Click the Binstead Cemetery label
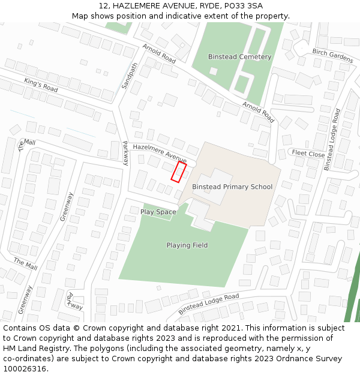point(239,57)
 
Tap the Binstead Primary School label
point(232,187)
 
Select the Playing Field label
point(187,245)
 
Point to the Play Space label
point(158,212)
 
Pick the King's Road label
point(41,85)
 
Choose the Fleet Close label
point(308,154)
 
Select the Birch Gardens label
point(332,55)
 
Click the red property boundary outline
point(178,172)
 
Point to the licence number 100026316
point(25,369)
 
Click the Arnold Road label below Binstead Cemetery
point(258,112)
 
